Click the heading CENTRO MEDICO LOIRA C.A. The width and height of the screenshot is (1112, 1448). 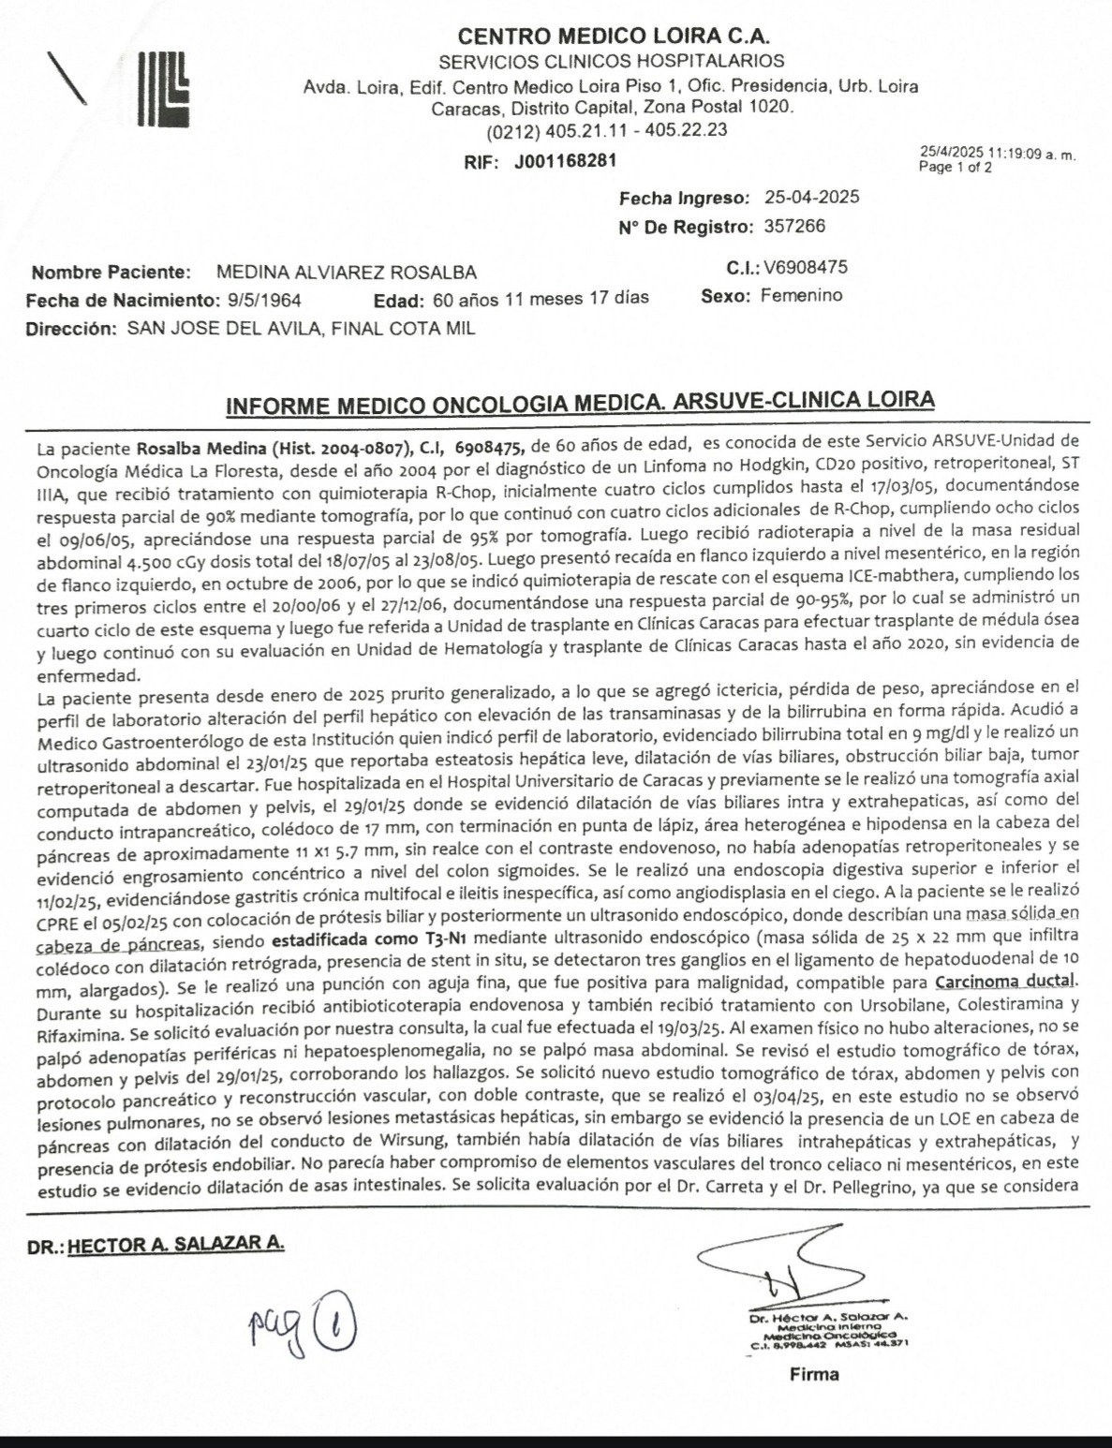614,37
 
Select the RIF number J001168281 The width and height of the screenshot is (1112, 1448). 565,160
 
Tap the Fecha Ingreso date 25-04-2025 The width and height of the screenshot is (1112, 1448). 811,198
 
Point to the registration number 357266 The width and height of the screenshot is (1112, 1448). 795,227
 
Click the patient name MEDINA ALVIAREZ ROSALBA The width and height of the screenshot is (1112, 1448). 346,273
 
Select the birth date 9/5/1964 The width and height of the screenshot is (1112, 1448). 265,300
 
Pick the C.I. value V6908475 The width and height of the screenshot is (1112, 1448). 806,267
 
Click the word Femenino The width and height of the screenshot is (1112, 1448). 801,296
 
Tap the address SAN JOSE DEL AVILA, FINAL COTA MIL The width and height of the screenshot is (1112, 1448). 301,329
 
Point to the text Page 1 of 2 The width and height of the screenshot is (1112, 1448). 956,169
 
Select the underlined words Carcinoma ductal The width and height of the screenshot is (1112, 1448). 1007,983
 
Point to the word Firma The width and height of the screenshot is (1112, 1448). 814,1375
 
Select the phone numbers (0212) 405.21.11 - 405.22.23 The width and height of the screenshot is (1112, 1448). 607,129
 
